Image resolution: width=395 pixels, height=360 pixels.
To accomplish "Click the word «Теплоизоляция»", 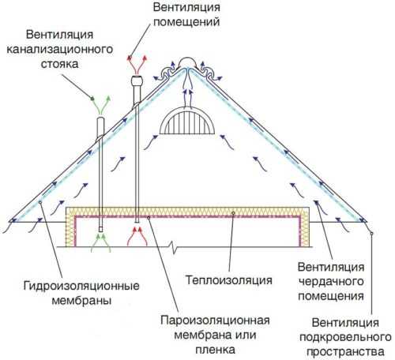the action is click(x=228, y=279).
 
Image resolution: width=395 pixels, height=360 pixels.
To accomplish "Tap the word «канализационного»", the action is click(x=60, y=50).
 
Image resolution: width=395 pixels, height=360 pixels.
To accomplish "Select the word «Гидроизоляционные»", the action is click(x=81, y=286).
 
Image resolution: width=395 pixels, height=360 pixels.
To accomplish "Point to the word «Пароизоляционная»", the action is click(x=215, y=321).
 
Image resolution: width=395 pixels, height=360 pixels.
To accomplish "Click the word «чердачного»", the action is click(x=331, y=282).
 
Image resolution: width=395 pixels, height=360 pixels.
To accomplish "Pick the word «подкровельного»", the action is click(x=345, y=337).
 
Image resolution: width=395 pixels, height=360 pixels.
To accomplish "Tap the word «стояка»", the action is click(x=60, y=64).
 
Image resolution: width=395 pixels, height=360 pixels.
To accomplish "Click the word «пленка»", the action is click(x=215, y=350).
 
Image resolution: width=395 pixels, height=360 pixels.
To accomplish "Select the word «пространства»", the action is click(x=345, y=352).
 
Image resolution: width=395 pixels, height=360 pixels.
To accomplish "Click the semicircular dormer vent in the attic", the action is click(x=187, y=122).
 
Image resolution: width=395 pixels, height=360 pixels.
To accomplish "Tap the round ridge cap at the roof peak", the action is click(x=187, y=61).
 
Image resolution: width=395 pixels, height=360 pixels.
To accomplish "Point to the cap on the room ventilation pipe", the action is click(x=137, y=81).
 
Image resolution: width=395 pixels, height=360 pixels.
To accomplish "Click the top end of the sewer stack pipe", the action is click(x=100, y=118).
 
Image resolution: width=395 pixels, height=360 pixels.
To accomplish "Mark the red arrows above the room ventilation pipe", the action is click(x=137, y=64).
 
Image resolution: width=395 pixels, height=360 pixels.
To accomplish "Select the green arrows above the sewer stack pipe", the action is click(x=100, y=106).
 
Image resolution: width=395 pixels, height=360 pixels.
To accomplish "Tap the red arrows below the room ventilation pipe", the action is click(x=137, y=236).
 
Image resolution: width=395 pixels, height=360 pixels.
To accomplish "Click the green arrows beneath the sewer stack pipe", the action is click(x=100, y=242).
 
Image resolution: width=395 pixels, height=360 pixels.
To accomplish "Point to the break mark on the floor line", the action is click(x=174, y=247).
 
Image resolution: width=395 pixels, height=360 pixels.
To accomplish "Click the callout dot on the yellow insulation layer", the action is click(x=233, y=212).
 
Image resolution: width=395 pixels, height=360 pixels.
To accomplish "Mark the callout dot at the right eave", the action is click(x=371, y=233).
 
